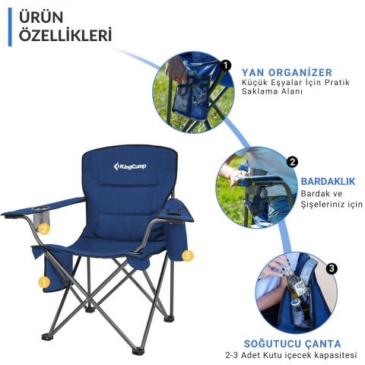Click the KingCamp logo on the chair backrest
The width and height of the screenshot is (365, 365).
[x=130, y=167]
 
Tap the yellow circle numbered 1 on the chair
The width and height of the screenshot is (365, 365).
[x=44, y=282]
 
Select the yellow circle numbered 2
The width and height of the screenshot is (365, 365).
[x=44, y=229]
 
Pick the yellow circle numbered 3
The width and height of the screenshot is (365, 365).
[x=187, y=255]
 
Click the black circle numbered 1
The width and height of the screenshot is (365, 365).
[x=226, y=65]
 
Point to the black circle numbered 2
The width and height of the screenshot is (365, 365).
[x=292, y=162]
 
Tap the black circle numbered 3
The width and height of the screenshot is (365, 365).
[x=332, y=268]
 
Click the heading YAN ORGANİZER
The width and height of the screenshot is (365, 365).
[x=287, y=72]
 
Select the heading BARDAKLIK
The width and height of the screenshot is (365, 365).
[x=328, y=182]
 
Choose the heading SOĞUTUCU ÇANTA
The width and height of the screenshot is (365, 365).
[x=292, y=344]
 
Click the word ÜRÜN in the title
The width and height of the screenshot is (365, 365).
[x=41, y=17]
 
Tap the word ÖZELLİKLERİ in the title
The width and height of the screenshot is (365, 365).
[x=65, y=35]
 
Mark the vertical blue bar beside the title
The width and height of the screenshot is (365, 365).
[x=10, y=27]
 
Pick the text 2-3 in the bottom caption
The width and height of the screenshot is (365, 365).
[x=232, y=355]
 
